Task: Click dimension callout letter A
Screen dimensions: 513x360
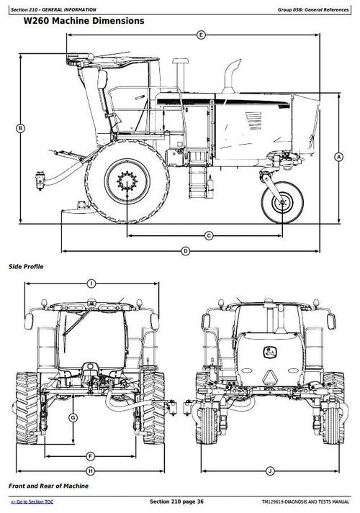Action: tap(338, 156)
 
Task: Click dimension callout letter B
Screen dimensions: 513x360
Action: tap(20, 128)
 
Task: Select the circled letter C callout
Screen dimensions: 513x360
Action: tap(209, 235)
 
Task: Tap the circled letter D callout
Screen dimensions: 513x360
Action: tap(185, 251)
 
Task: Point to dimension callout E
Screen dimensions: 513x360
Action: tap(201, 35)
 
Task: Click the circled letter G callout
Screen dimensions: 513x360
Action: tap(73, 418)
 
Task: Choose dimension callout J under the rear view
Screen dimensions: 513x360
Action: tap(269, 471)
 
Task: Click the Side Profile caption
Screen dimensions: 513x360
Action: tap(26, 267)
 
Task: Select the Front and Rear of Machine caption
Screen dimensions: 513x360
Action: tap(48, 487)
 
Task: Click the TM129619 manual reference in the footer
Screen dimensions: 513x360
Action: tap(300, 501)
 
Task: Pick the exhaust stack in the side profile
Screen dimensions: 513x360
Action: tap(233, 79)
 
